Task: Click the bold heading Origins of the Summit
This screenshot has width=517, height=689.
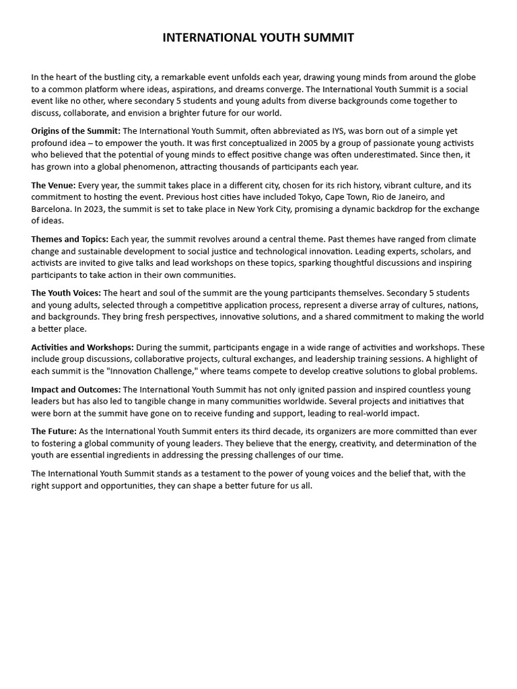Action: (x=75, y=131)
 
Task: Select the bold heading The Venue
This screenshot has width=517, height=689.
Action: (x=53, y=185)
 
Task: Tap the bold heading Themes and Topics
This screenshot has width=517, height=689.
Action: (x=69, y=239)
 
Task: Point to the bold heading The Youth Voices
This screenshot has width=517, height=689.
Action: (x=66, y=293)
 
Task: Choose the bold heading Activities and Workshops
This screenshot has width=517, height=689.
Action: (x=82, y=347)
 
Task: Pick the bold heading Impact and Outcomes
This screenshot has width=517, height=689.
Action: (x=75, y=390)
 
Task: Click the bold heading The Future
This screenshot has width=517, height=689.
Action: (x=53, y=431)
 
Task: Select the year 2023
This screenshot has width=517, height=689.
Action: (x=95, y=209)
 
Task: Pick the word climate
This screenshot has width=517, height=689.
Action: (x=460, y=239)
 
